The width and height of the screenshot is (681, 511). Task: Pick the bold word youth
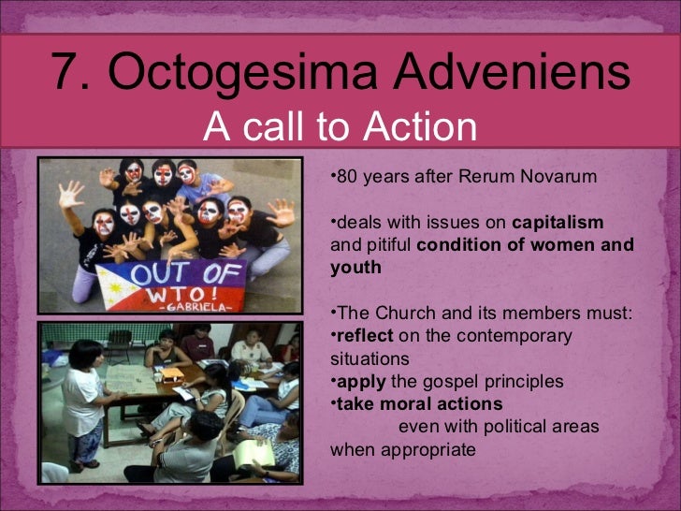[355, 268]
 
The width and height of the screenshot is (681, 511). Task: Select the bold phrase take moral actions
[418, 404]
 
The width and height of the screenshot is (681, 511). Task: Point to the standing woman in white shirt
[82, 393]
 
